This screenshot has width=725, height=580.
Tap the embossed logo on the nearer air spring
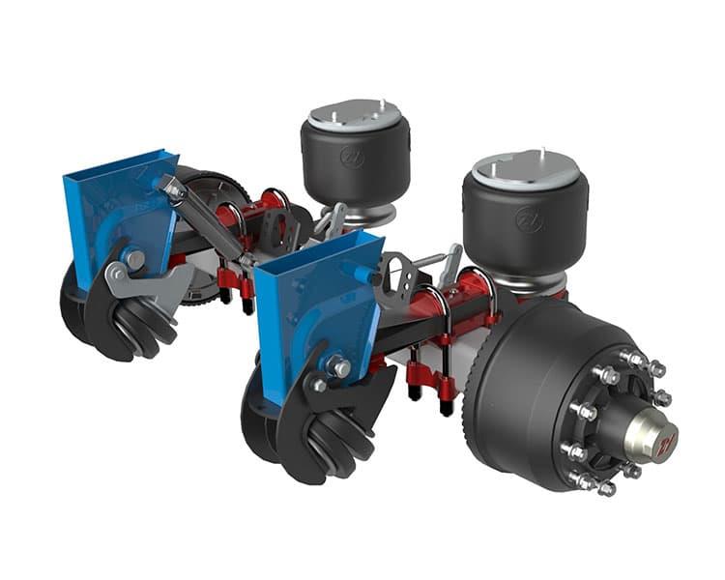[x=529, y=220]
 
